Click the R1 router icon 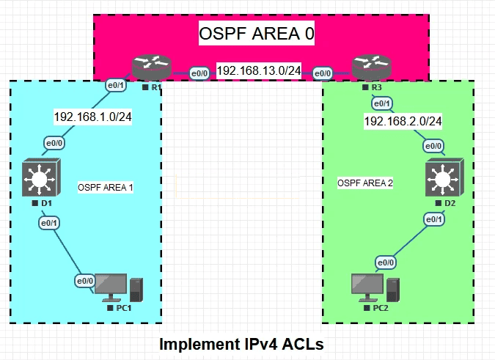151,68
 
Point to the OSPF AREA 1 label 106,188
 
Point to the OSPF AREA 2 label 366,182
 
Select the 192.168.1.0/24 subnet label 92,116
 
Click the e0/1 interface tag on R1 116,84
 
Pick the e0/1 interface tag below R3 382,103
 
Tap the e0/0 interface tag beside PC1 84,280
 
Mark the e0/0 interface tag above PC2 386,262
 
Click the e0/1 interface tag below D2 433,219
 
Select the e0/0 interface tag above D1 54,142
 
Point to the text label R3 377,88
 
